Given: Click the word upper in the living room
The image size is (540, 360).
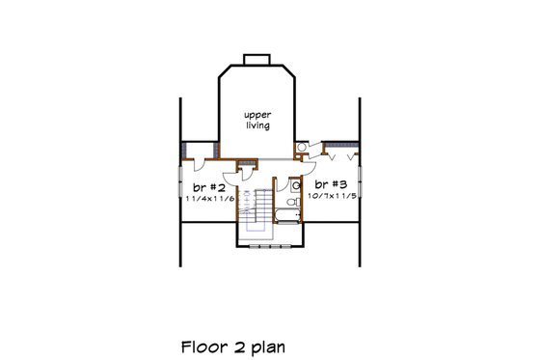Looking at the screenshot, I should (x=256, y=114).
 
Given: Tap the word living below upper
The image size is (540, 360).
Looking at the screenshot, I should (x=256, y=125).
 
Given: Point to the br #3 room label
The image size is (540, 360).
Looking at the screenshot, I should (x=327, y=183).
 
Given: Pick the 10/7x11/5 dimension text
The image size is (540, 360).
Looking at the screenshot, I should (x=327, y=195).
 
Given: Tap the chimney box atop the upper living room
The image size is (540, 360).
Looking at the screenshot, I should (x=256, y=62).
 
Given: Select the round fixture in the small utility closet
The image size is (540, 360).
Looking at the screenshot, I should (x=302, y=146).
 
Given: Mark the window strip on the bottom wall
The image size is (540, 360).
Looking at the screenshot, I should (x=270, y=246).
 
